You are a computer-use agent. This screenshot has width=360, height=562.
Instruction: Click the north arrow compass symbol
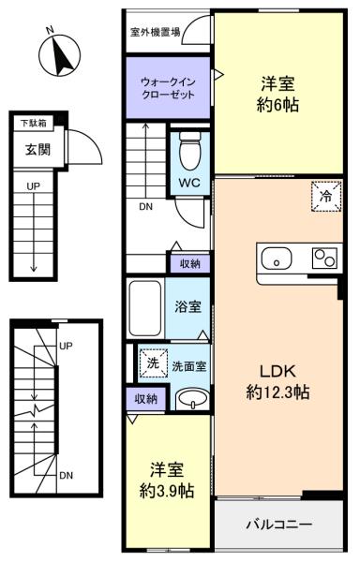coord(59,55)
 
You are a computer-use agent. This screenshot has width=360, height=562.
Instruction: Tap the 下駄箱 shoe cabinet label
coord(34,123)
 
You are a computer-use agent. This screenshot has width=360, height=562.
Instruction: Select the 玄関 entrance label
coord(38,150)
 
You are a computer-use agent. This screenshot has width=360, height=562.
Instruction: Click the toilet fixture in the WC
coord(189,151)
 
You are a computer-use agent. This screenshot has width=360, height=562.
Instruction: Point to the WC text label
coord(189,183)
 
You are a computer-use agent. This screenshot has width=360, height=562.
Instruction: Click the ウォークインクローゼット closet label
coord(168,89)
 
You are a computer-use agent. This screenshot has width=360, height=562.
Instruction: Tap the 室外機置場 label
coord(155,33)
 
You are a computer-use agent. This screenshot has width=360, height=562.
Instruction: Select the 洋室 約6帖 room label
coord(277,95)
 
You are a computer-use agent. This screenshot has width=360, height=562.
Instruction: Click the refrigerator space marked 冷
coord(326,196)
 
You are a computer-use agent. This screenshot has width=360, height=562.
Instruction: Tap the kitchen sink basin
coord(277,259)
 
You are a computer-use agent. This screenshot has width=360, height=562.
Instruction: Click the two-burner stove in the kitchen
coord(324,259)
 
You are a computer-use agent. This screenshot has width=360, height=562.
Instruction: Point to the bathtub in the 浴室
coord(145,308)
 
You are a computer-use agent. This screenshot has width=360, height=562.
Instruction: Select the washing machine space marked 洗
coord(154,363)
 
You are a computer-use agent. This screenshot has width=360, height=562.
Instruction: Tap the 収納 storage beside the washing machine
coord(146,399)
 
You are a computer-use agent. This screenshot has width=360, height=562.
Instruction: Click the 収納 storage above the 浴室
coord(190,264)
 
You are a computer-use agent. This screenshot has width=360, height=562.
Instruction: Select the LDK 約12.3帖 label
coord(277,382)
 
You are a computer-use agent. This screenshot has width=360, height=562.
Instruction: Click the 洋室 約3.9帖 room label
coord(167,481)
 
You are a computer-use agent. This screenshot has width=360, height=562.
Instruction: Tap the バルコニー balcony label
coord(279,525)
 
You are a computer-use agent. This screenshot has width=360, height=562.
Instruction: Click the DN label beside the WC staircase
coord(146,207)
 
